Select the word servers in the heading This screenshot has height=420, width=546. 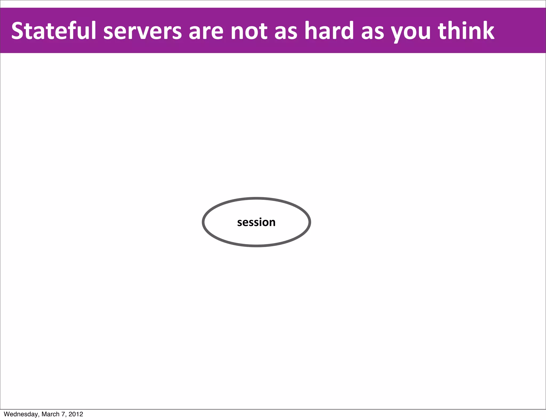click(142, 31)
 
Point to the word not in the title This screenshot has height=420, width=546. click(249, 31)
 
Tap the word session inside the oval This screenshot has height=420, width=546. click(256, 222)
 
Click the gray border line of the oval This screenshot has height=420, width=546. click(256, 199)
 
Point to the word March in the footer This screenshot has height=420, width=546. click(50, 414)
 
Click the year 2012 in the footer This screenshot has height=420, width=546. click(76, 414)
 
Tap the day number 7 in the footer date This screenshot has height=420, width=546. click(63, 414)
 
